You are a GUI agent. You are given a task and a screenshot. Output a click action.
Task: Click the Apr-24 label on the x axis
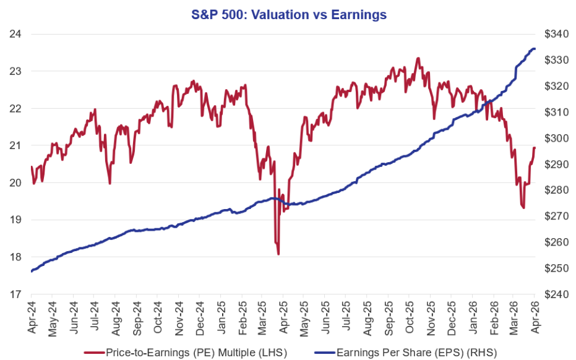31,317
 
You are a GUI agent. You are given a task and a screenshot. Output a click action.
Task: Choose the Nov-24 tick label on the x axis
178,317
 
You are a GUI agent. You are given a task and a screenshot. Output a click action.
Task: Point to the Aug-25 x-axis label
368,317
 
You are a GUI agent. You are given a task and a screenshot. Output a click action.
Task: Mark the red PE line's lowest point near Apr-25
278,254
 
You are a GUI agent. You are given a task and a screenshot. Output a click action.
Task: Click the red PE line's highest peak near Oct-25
418,58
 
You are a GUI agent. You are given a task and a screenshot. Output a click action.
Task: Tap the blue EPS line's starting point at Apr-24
31,271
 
